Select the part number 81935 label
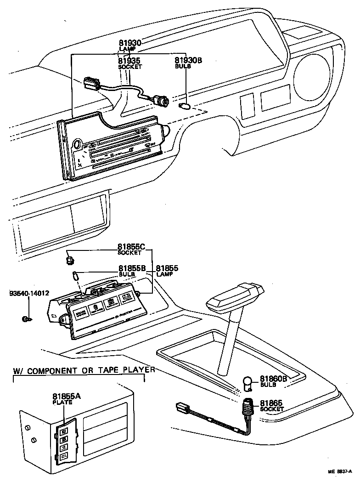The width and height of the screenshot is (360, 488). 129,60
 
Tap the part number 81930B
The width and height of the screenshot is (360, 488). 187,60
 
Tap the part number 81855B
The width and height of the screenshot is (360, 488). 132,268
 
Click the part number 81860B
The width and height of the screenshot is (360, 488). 274,379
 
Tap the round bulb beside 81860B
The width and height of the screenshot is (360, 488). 248,382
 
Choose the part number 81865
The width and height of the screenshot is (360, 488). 271,403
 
